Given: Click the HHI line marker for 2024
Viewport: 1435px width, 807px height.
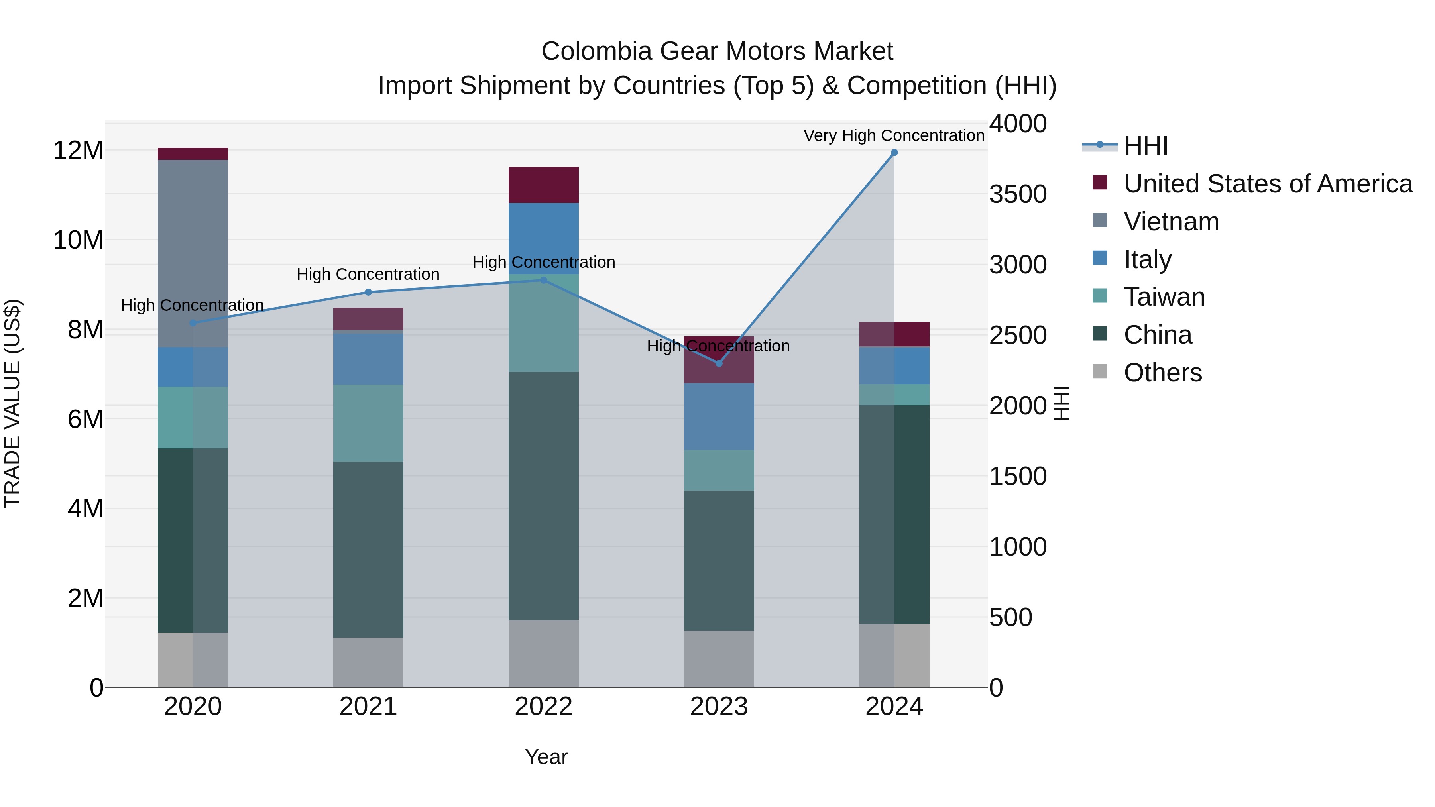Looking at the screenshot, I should click(x=894, y=153).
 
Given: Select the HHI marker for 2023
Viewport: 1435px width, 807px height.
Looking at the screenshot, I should click(x=719, y=363).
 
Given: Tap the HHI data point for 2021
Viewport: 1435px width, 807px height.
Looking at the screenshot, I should click(x=368, y=293).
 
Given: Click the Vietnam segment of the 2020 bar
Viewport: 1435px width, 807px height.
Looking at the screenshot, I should click(x=193, y=253).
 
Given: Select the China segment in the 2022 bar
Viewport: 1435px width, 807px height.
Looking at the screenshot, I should click(x=543, y=496).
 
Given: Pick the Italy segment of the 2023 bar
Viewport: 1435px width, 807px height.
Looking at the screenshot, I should click(x=719, y=416).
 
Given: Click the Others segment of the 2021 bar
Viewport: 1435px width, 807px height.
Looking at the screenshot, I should click(x=368, y=662).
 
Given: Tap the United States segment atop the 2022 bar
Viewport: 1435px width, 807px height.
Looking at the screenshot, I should click(x=543, y=185).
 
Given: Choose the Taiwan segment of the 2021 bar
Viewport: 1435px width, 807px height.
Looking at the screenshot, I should click(x=368, y=423).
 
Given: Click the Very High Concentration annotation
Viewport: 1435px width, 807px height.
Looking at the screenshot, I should click(x=894, y=135).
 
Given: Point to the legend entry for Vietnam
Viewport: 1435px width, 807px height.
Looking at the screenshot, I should click(x=1171, y=222).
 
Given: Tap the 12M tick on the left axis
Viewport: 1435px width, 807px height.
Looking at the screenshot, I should click(x=78, y=150).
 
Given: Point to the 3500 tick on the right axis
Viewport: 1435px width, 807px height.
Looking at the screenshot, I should click(x=1018, y=194).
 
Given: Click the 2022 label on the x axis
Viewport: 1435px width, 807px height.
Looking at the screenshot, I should click(x=543, y=707).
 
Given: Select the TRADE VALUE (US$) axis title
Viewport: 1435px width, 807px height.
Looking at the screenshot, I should click(x=12, y=403).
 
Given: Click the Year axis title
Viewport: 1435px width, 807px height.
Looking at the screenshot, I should click(x=546, y=757).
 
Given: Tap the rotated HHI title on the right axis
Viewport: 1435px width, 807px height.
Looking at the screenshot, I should click(x=1062, y=403).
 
